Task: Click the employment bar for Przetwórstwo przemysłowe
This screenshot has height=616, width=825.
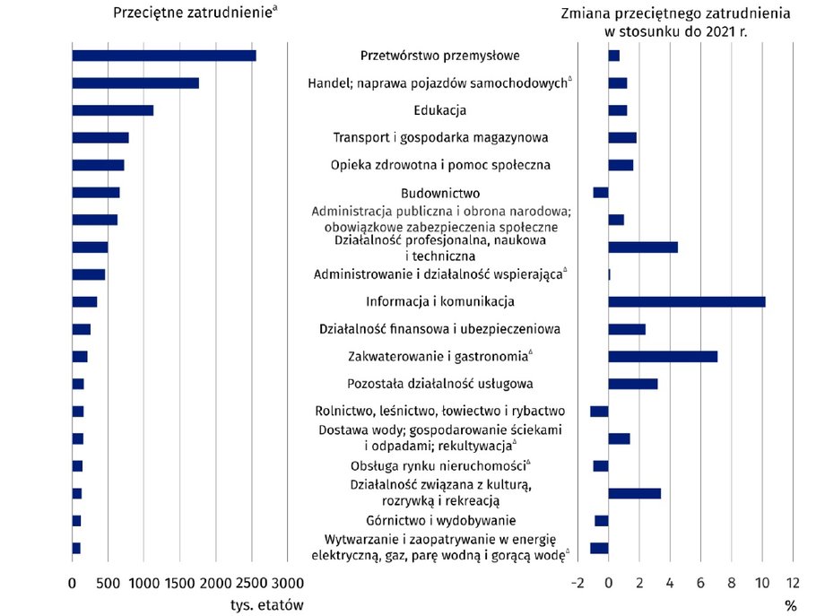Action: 164,56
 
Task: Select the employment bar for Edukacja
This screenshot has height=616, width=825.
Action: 113,110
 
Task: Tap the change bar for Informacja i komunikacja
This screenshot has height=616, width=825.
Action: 687,302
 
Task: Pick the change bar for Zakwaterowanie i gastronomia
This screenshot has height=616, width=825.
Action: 663,357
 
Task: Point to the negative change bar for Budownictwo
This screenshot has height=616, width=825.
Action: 601,193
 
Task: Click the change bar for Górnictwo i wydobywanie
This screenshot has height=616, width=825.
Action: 602,521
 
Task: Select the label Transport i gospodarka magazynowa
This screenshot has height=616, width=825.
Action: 440,138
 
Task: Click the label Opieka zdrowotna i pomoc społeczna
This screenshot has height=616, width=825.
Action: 440,165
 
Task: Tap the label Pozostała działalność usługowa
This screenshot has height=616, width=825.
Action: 440,384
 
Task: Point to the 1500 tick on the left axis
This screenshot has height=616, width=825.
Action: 180,583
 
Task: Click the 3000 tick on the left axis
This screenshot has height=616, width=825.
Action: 287,583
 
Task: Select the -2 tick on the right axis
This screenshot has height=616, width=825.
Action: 577,583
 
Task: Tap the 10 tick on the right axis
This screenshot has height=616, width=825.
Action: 762,583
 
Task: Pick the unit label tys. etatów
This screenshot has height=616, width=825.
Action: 266,605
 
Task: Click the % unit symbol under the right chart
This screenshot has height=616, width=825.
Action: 791,606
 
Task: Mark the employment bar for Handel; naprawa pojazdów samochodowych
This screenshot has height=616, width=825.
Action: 135,83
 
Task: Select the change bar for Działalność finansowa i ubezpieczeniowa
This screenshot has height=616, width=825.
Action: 627,329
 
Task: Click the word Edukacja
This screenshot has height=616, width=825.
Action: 440,110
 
